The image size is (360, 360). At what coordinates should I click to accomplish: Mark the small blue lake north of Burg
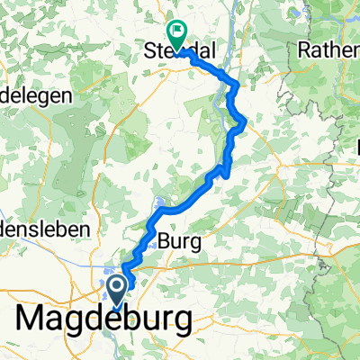coord(159,206)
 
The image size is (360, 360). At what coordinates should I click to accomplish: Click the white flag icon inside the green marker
coord(177,31)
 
